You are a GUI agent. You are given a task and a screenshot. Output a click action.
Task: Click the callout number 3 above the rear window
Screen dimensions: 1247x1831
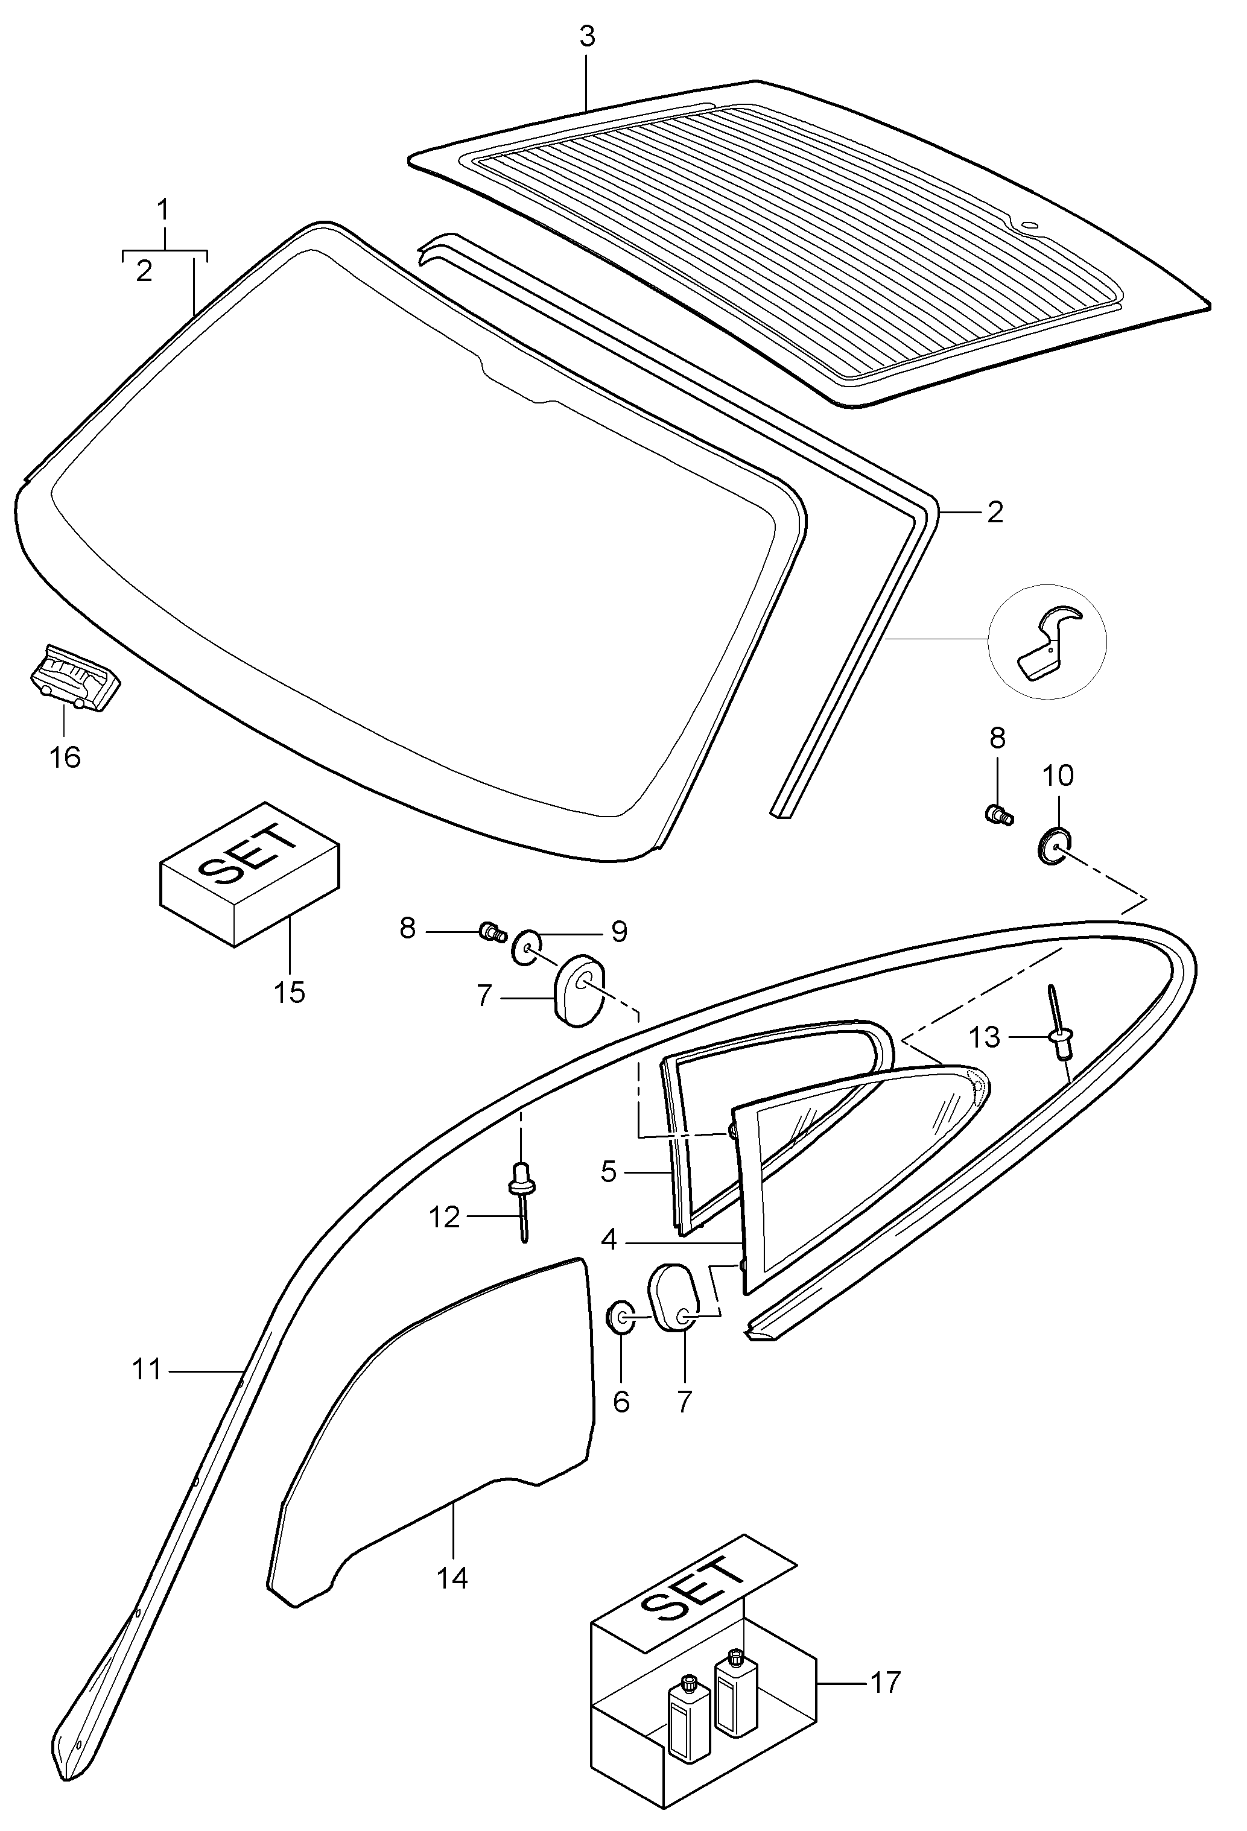(x=586, y=37)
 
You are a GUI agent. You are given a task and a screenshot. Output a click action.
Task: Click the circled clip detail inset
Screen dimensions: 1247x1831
(x=1047, y=641)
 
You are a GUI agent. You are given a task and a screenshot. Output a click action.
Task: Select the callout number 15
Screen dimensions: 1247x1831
(x=290, y=992)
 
